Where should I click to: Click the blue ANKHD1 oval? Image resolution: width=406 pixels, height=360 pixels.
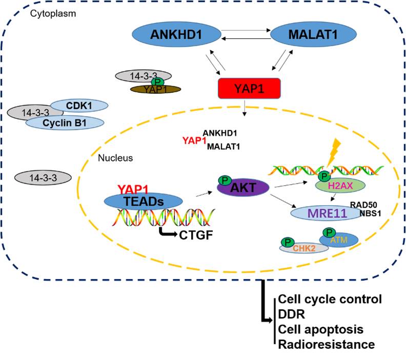pos(175,35)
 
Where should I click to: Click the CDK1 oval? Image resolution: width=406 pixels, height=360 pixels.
pos(78,106)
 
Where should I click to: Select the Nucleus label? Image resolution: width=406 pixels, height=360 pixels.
pos(115,158)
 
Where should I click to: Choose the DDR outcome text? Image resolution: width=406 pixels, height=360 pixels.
pos(288,313)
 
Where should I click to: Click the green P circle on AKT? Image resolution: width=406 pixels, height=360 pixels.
pos(224,181)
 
